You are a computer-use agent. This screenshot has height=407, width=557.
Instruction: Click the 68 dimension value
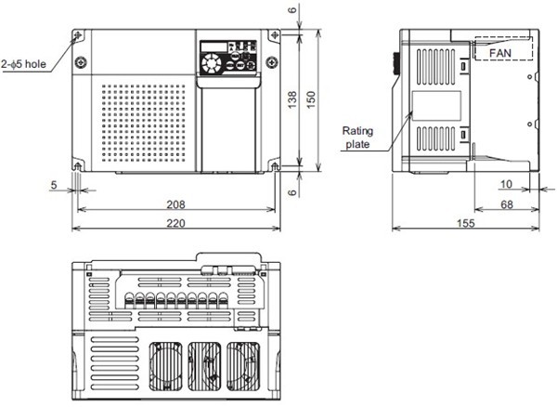(x=506, y=204)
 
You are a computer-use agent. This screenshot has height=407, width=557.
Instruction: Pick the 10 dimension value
(x=506, y=184)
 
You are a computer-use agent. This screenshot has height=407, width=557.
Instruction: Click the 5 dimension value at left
(x=54, y=184)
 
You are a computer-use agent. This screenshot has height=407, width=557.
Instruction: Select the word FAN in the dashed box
(x=501, y=54)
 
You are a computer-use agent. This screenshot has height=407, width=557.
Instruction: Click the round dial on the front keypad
(x=212, y=64)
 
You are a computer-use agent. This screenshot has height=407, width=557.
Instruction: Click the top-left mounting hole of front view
(x=77, y=36)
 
